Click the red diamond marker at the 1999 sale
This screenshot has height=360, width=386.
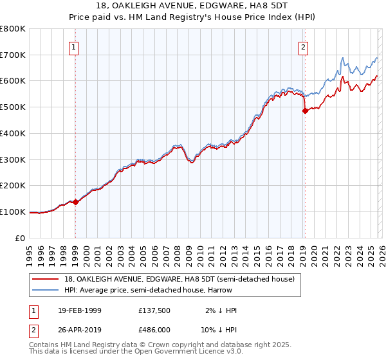pyautogui.click(x=76, y=202)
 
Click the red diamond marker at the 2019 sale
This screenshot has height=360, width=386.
pyautogui.click(x=305, y=111)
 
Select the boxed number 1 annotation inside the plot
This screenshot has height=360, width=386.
pyautogui.click(x=75, y=47)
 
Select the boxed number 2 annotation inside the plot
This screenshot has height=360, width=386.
pyautogui.click(x=303, y=47)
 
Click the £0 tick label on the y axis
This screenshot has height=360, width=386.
pyautogui.click(x=21, y=238)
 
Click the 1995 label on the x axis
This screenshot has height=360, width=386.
pyautogui.click(x=30, y=254)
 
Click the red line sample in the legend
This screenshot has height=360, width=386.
pyautogui.click(x=46, y=279)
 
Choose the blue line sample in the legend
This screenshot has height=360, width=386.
pyautogui.click(x=46, y=291)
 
